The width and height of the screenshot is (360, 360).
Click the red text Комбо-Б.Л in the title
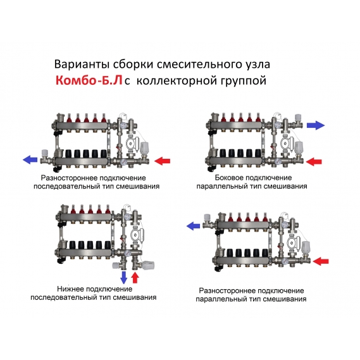pos(89,80)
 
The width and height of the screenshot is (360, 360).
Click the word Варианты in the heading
pos(82,65)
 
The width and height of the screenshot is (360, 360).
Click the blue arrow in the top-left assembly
pos(30,159)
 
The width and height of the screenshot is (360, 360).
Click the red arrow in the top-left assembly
pos(162,161)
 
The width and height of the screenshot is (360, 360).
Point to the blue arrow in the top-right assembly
pos(316,125)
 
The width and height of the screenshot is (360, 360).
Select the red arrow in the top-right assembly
pos(314,161)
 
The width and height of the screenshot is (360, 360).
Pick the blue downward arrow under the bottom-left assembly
pos(124,277)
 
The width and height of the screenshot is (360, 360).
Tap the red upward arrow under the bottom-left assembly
pos(135,277)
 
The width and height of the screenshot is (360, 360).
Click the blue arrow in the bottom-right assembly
pos(194,226)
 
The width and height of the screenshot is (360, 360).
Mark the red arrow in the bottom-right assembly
pos(321,261)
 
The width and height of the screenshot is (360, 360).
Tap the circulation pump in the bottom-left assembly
pos(137,235)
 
